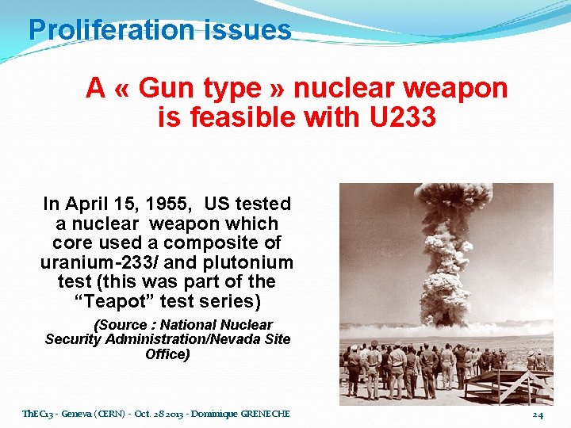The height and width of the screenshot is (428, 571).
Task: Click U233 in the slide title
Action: click(403, 118)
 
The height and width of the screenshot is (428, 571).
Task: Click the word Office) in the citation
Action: click(167, 354)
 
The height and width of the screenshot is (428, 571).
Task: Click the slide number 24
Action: click(538, 415)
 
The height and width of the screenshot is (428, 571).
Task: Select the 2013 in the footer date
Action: click(174, 414)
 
